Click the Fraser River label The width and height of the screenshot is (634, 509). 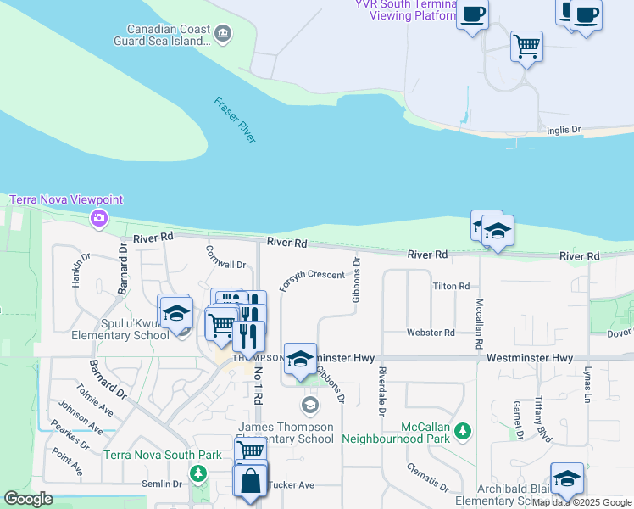click(x=235, y=120)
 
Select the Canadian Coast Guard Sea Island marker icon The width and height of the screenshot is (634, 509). click(x=223, y=34)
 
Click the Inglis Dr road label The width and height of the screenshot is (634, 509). click(x=564, y=130)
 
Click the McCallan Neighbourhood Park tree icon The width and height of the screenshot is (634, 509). click(x=463, y=432)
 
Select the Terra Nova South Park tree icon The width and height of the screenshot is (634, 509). click(x=197, y=473)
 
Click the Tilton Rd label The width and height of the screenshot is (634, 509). click(x=451, y=287)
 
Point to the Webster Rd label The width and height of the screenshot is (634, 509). click(x=431, y=333)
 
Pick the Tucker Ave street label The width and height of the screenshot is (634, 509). click(x=292, y=485)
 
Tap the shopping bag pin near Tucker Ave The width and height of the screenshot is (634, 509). click(x=250, y=482)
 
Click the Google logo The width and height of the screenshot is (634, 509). click(x=28, y=499)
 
